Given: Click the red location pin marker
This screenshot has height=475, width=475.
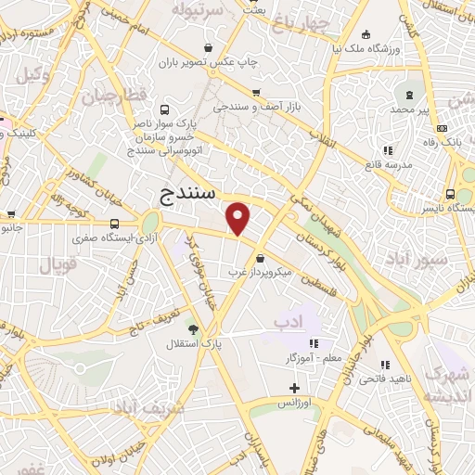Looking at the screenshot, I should point(238,218).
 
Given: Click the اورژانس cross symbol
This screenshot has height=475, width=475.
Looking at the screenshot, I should point(295,388).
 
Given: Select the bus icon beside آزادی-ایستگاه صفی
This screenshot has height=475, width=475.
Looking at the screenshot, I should point(114,224).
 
